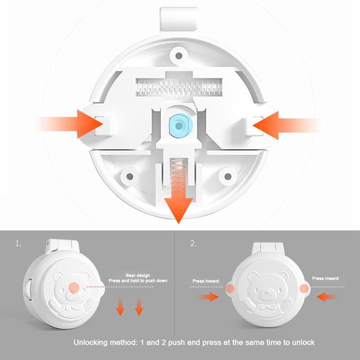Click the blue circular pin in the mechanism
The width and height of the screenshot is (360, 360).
tap(179, 126)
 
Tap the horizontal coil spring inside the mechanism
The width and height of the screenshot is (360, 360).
tap(179, 87)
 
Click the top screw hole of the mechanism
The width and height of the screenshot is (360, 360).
tap(179, 55)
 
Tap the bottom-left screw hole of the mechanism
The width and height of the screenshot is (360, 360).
tap(130, 176)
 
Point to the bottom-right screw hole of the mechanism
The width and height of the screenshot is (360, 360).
tap(228, 176)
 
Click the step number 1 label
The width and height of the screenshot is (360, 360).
tap(18, 243)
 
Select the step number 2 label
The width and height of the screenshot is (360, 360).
tap(193, 243)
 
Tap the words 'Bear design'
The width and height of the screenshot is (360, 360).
tap(138, 275)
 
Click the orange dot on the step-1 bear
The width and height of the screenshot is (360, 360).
tap(74, 287)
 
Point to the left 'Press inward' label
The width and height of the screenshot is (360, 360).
tap(206, 281)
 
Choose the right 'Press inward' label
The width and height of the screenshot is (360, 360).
tap(325, 279)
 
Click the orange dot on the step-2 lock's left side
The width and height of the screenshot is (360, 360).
tap(230, 288)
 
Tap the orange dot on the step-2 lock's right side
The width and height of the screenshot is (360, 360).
tap(304, 288)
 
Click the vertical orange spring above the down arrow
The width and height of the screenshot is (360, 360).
tap(179, 178)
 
